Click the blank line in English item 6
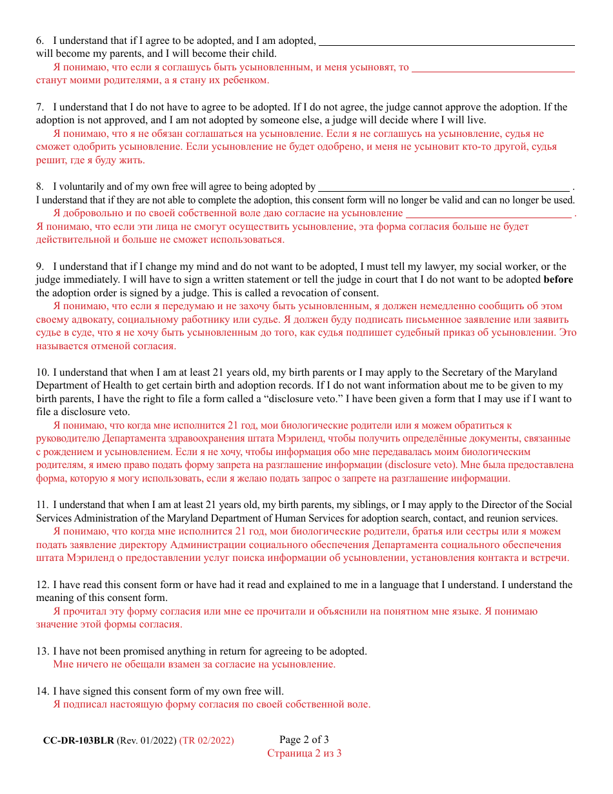[x=447, y=44]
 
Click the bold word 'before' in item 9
[x=558, y=280]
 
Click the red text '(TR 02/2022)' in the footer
[x=206, y=740]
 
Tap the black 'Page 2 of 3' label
[x=304, y=740]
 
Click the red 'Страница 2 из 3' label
[x=304, y=753]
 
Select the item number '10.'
[x=43, y=372]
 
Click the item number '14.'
[x=43, y=691]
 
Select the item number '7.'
[x=40, y=107]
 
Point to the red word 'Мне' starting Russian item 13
[x=63, y=664]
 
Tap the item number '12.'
[x=43, y=585]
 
